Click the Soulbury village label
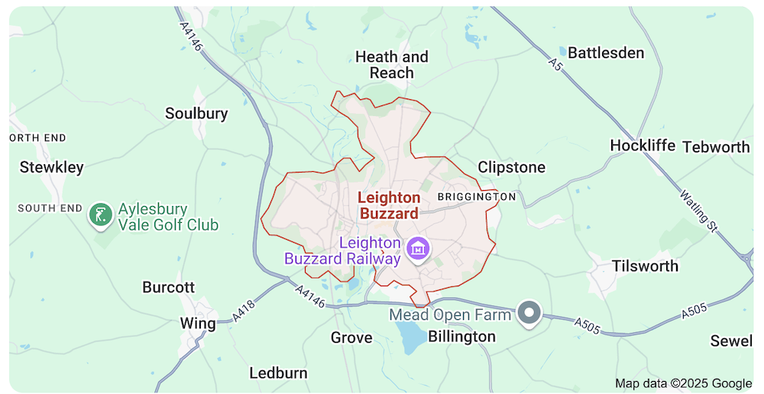(196, 114)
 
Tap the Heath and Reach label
(392, 65)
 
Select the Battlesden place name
(606, 53)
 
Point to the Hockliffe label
(643, 145)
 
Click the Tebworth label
(716, 147)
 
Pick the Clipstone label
(511, 167)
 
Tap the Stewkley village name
(52, 167)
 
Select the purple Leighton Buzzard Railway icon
(419, 248)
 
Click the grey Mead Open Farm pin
(529, 312)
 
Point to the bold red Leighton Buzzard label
(389, 206)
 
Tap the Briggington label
(477, 197)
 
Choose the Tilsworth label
(645, 266)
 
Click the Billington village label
(461, 337)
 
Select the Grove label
(351, 337)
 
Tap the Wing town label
(198, 323)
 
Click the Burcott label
(169, 288)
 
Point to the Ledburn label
(278, 373)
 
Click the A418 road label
(242, 309)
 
